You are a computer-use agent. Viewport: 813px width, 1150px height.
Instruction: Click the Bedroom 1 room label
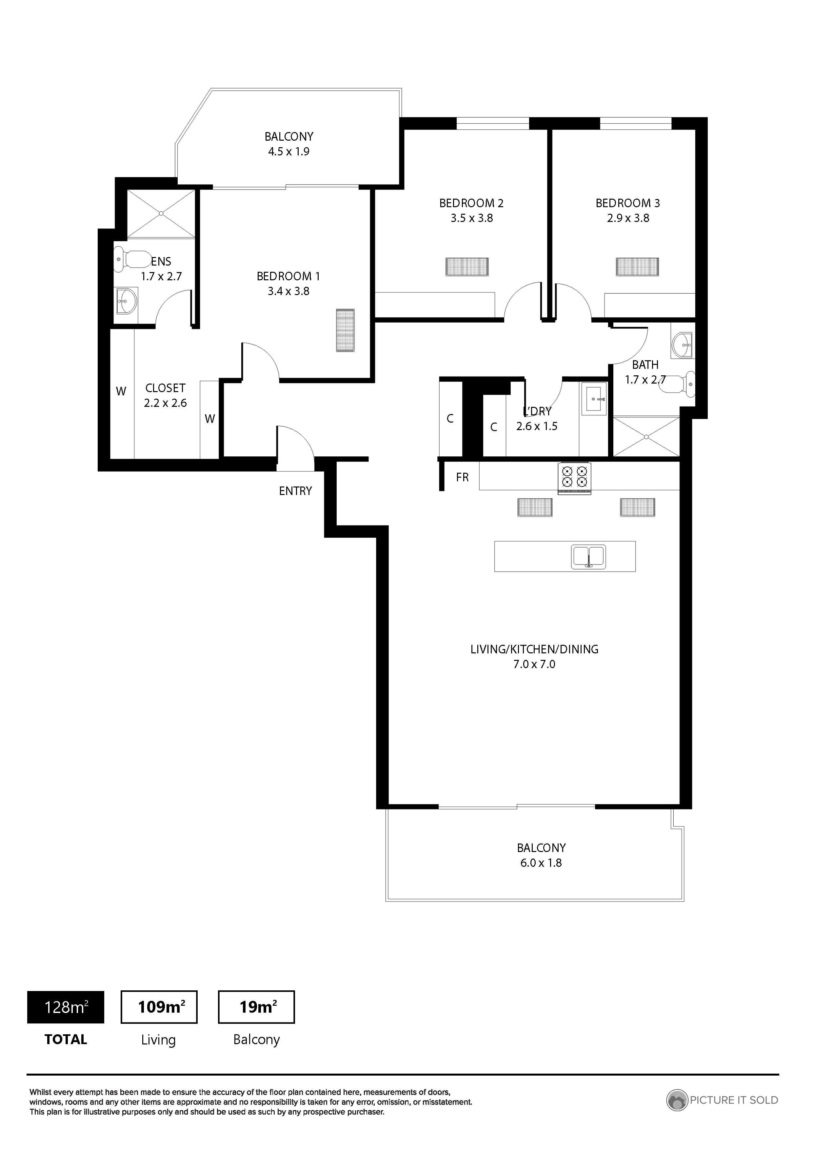point(288,276)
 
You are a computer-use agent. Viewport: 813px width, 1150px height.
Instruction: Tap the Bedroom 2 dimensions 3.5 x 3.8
point(471,218)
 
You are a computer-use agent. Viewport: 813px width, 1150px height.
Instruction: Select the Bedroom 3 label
point(628,203)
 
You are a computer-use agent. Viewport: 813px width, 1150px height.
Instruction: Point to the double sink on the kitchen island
point(588,557)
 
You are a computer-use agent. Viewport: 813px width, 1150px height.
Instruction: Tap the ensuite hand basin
point(126,301)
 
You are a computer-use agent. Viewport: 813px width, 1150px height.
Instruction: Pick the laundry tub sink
point(594,398)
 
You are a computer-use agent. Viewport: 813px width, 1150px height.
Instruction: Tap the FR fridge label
point(462,477)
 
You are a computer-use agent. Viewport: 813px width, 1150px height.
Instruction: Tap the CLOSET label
point(165,388)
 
